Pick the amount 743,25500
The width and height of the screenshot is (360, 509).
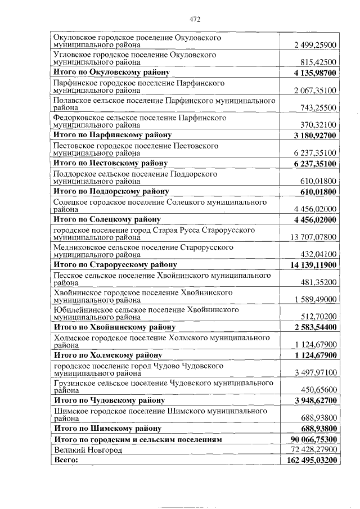point(319,107)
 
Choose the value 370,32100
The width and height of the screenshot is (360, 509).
point(319,125)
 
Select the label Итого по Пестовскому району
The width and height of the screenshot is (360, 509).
point(110,163)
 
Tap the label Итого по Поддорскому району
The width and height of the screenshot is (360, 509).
point(111,191)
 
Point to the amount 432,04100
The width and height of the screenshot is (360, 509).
point(319,254)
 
